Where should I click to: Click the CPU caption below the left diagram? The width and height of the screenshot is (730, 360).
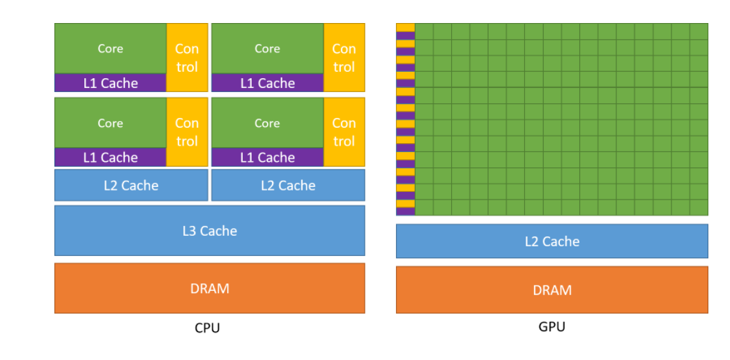pyautogui.click(x=207, y=328)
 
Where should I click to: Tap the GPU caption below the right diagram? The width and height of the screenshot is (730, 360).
pyautogui.click(x=552, y=327)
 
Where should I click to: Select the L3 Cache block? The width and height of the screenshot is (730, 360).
pyautogui.click(x=209, y=230)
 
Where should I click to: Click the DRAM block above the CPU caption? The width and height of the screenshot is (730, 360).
pyautogui.click(x=209, y=288)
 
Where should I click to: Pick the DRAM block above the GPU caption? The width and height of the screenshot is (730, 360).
pyautogui.click(x=552, y=290)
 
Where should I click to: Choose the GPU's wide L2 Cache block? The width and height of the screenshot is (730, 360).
pyautogui.click(x=552, y=241)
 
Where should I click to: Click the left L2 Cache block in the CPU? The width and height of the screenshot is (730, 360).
pyautogui.click(x=131, y=186)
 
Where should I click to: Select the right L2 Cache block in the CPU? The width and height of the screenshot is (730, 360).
pyautogui.click(x=288, y=186)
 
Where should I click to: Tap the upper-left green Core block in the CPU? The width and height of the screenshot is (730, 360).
pyautogui.click(x=110, y=48)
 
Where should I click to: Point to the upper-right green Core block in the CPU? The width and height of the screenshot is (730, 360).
pyautogui.click(x=268, y=48)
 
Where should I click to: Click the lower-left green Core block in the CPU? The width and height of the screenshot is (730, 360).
pyautogui.click(x=110, y=123)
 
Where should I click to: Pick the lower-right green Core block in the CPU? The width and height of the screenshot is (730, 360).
pyautogui.click(x=268, y=123)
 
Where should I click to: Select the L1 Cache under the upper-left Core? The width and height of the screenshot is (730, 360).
pyautogui.click(x=110, y=83)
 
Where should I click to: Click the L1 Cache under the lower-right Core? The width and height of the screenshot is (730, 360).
pyautogui.click(x=268, y=158)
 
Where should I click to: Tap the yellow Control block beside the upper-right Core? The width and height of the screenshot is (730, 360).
pyautogui.click(x=344, y=57)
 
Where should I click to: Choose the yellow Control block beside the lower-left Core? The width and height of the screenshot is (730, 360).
pyautogui.click(x=187, y=132)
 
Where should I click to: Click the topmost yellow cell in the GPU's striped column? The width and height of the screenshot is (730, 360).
pyautogui.click(x=406, y=27)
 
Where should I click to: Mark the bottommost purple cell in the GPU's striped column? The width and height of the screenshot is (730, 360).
pyautogui.click(x=406, y=211)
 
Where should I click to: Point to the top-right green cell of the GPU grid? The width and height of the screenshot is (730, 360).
pyautogui.click(x=699, y=31)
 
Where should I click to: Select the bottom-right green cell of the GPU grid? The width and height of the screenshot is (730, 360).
pyautogui.click(x=699, y=208)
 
